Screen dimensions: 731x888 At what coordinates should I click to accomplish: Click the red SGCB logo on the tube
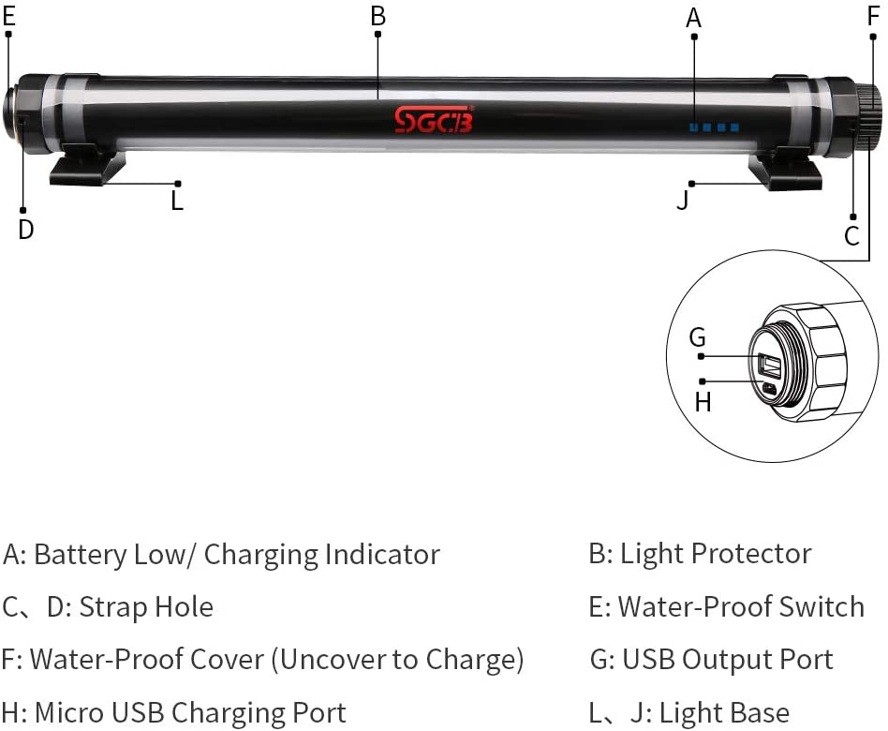[x=434, y=120]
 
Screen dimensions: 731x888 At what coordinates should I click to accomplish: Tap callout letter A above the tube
[x=693, y=18]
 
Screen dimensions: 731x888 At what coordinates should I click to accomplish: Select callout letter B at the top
[x=377, y=15]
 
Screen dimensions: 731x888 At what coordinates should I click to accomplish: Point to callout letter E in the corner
[x=9, y=14]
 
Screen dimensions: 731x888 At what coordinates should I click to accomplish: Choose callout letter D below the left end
[x=25, y=230]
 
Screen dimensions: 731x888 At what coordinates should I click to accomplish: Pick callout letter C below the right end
[x=851, y=236]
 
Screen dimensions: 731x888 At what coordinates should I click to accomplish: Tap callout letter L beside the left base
[x=177, y=201]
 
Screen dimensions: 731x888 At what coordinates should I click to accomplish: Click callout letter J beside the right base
[x=683, y=200]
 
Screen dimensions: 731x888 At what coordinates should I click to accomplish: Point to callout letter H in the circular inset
[x=703, y=402]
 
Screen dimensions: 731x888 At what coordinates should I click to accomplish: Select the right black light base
[x=784, y=172]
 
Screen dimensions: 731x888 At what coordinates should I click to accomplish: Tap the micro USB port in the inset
[x=769, y=388]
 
